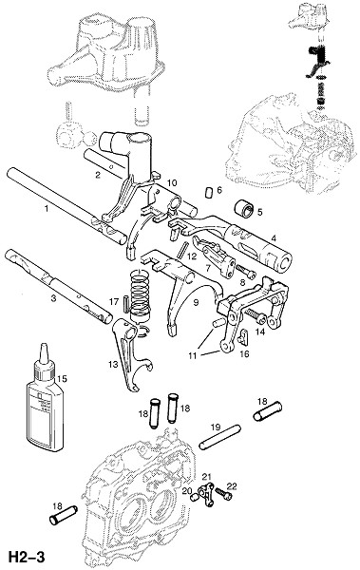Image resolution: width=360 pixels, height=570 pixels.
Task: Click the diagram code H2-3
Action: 27,557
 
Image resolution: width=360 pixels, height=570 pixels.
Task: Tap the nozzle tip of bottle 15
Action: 44,345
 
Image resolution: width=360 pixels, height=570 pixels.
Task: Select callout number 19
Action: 216,427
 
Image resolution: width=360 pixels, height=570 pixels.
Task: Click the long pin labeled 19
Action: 219,437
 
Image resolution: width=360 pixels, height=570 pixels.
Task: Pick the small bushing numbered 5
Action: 243,209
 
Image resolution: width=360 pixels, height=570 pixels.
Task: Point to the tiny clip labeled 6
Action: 209,192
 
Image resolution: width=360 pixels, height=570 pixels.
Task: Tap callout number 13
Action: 113,364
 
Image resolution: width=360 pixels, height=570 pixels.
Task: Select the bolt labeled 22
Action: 223,493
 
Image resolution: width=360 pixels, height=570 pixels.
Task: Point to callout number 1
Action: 47,208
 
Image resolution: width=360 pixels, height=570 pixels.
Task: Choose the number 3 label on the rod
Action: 53,299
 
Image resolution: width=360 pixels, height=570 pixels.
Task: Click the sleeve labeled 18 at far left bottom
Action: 63,515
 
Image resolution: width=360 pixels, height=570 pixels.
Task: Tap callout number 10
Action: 171,182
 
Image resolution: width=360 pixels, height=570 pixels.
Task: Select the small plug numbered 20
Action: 195,497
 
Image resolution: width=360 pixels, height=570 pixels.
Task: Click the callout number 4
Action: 274,238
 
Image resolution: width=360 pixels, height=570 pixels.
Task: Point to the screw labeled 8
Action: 246,271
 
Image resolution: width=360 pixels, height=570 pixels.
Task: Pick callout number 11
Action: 193,355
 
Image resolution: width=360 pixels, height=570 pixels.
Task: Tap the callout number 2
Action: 98,175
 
